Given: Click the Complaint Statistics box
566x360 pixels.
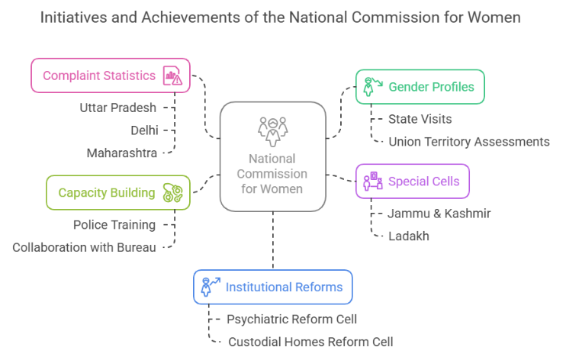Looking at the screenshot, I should point(111,76).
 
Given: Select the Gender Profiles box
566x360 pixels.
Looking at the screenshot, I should point(420,87).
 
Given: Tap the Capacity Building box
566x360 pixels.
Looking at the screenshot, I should point(117,192).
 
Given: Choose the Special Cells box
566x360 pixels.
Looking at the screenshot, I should point(413,182).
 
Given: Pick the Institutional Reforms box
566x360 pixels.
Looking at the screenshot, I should point(272,288).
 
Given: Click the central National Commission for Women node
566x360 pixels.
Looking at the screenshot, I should point(272,157).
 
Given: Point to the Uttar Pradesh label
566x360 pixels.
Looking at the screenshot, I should point(117,108).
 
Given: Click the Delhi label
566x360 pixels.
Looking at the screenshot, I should point(144,130).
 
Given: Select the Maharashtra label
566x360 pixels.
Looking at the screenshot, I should point(122,153).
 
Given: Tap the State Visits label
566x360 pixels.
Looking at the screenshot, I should point(420,119).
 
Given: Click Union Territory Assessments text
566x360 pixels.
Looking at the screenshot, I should point(469,141).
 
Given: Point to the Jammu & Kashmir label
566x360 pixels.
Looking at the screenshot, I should point(439,214).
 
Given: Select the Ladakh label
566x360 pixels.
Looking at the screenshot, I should point(409,236).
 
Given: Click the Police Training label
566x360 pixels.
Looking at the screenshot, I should point(114,225).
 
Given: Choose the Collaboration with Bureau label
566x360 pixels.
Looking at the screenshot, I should point(84,247).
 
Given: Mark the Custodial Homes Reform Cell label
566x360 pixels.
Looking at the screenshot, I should point(310,342).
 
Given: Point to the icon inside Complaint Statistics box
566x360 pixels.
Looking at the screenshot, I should point(172,76).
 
